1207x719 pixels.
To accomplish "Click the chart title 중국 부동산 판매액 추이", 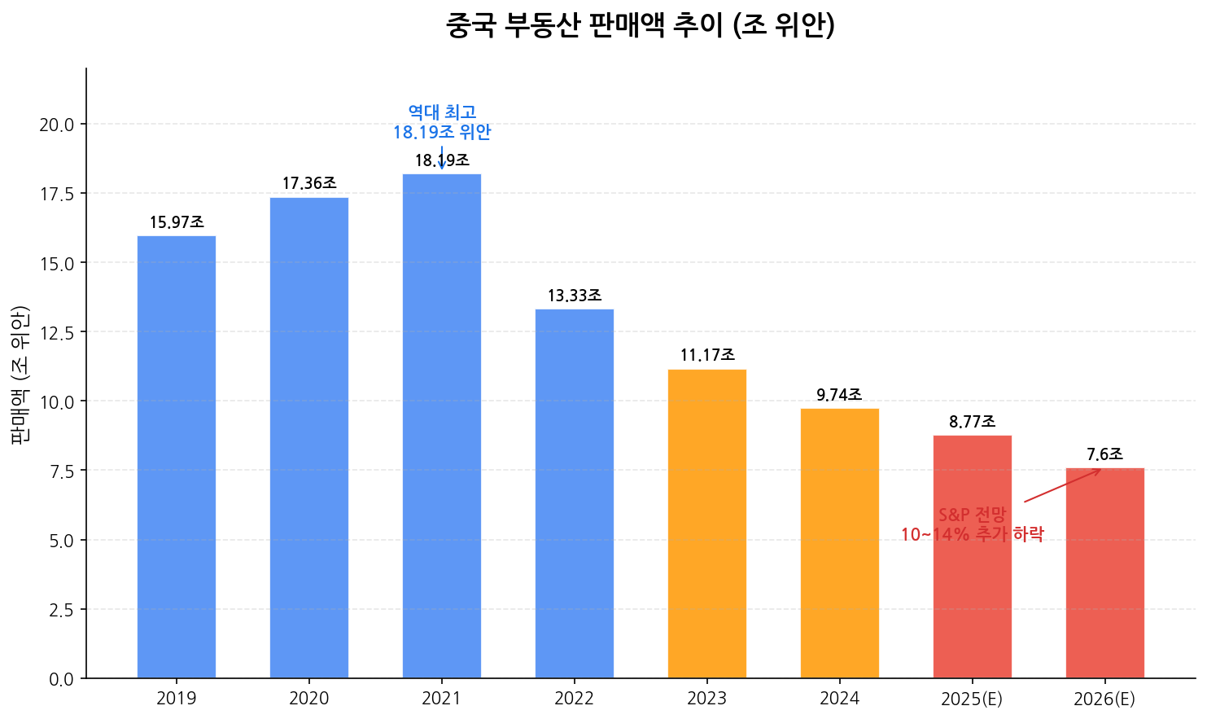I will pos(640,25).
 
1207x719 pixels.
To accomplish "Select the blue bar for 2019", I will pos(177,456).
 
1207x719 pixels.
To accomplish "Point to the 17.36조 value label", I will pos(309,184).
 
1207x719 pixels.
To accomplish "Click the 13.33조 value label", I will pos(575,296).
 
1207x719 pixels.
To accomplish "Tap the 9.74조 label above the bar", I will pos(839,395).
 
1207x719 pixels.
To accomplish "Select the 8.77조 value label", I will pos(972,422).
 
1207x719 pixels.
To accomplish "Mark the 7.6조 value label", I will pos(1104,454).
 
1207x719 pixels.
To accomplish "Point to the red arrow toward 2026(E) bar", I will pos(1062,485).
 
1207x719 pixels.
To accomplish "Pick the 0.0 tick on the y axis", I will pos(61,679).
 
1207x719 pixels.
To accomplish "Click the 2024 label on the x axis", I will pos(839,699).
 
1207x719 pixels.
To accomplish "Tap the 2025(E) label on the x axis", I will pos(972,699).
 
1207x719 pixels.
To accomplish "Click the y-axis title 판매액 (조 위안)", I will pos(20,374).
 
